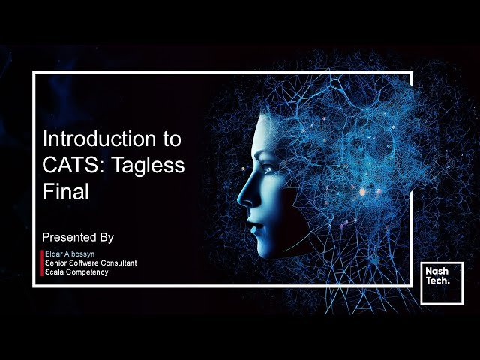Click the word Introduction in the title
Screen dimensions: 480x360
(99, 139)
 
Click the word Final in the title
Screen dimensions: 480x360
(65, 192)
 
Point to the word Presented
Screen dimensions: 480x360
(69, 237)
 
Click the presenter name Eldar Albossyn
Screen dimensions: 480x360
(70, 253)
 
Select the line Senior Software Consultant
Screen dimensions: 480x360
(91, 262)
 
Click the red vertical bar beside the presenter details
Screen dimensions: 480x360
(42, 263)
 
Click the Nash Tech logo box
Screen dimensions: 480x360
(442, 283)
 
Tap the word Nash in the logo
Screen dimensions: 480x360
(436, 271)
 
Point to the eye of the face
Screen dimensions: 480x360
(269, 169)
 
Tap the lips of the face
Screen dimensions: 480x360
(255, 226)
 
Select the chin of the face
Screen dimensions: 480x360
(264, 251)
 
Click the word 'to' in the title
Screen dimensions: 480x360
(172, 139)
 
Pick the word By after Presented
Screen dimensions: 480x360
(106, 238)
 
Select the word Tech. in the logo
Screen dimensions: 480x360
(438, 280)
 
